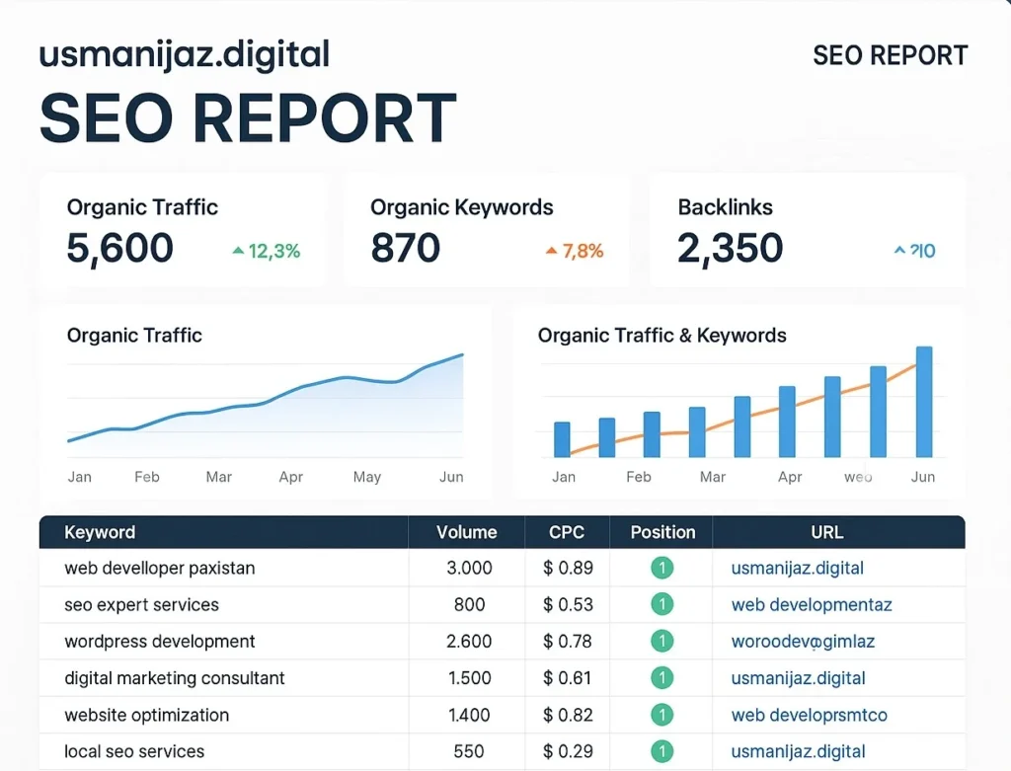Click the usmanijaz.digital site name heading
click(184, 55)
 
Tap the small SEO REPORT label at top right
click(890, 55)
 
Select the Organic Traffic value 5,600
click(119, 249)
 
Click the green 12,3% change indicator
click(266, 251)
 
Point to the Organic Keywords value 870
click(405, 249)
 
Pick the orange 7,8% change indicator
click(574, 251)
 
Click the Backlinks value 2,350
click(730, 249)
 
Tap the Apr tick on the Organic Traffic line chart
click(290, 477)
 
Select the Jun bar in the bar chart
click(924, 402)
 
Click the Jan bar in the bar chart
click(562, 439)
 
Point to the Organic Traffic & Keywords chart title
click(661, 336)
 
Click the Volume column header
click(466, 532)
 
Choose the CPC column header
click(567, 532)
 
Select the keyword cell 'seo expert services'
click(141, 605)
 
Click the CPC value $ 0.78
click(568, 642)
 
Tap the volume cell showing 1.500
click(469, 678)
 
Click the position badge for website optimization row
click(661, 715)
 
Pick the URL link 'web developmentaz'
click(811, 605)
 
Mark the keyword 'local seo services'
click(134, 751)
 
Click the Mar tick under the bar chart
click(712, 477)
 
